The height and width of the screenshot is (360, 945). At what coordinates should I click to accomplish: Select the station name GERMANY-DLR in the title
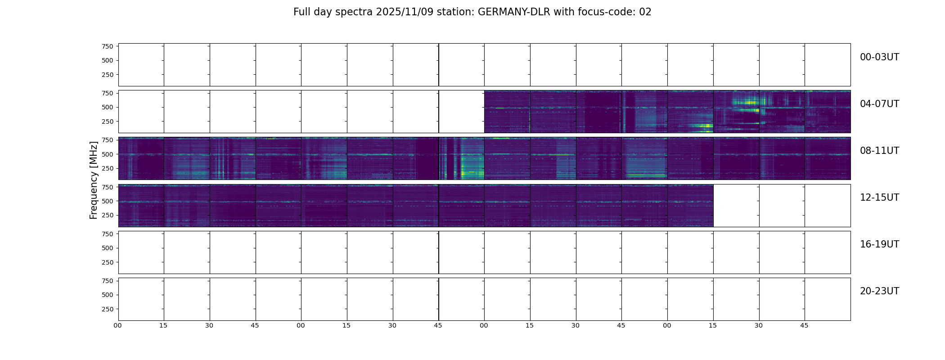point(514,12)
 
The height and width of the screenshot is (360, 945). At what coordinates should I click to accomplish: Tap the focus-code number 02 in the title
point(645,12)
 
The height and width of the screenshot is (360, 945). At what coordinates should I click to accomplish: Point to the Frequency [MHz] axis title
point(94,180)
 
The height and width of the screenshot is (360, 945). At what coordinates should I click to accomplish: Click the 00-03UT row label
point(879,57)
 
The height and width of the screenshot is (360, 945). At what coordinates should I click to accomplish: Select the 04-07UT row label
point(879,104)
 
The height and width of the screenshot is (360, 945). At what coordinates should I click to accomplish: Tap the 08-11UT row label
point(879,151)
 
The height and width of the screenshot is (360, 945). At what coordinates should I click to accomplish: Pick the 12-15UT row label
point(879,198)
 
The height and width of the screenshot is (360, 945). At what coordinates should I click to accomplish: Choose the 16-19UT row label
point(879,244)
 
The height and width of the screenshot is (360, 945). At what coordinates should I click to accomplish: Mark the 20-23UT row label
point(879,291)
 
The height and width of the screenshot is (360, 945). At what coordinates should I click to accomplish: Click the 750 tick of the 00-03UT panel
point(107,46)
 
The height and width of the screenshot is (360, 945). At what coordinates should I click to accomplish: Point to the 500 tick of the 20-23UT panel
point(107,295)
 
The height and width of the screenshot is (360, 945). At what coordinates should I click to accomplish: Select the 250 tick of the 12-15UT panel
point(107,216)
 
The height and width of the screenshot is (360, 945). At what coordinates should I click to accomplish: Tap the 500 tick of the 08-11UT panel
point(107,154)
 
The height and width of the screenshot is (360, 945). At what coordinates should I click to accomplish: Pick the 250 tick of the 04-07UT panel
point(107,121)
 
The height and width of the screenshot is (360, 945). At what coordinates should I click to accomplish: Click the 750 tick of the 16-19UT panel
point(107,234)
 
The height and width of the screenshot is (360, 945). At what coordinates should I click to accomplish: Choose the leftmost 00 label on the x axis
point(117,325)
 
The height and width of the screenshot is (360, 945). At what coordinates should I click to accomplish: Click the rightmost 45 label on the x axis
point(804,325)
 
